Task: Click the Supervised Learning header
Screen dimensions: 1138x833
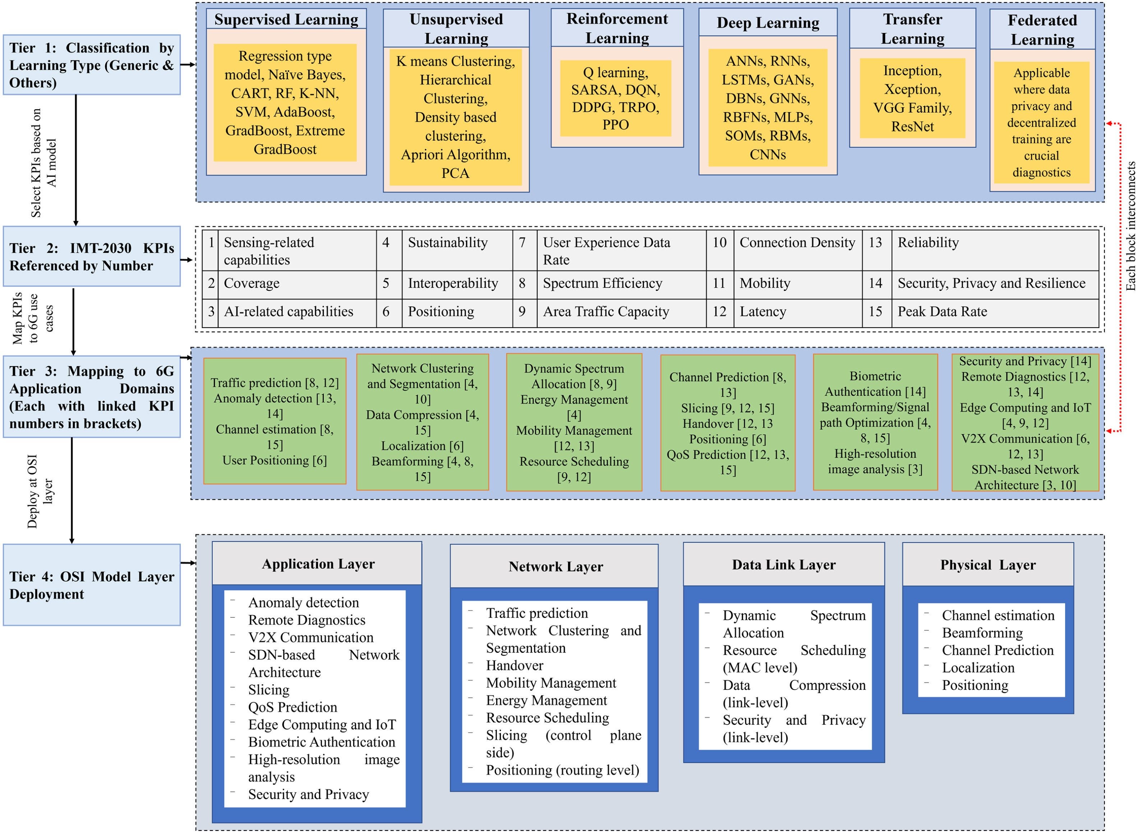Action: tap(286, 19)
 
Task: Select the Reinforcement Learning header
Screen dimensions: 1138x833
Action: tap(617, 28)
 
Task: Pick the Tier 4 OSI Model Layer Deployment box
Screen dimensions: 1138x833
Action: tap(92, 585)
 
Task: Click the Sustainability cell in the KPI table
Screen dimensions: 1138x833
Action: tap(457, 250)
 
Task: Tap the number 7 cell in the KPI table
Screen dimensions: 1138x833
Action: tap(525, 250)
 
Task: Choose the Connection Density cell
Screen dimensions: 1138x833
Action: tap(798, 250)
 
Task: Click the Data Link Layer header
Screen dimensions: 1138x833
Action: tap(784, 565)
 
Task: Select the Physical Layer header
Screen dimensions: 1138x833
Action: tap(988, 565)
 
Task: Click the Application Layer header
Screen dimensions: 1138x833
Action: tap(317, 564)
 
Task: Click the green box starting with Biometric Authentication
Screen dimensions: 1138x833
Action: tap(875, 422)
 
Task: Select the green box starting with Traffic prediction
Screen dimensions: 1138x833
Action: tap(275, 421)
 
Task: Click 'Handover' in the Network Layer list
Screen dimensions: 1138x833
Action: tap(515, 665)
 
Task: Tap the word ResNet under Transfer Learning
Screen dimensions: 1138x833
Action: tap(912, 127)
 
